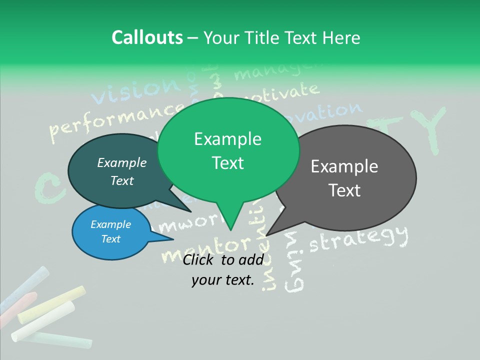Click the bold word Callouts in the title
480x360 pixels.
tap(147, 37)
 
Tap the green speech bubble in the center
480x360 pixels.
tap(228, 150)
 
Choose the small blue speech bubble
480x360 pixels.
tap(110, 232)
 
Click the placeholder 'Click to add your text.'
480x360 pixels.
tap(223, 270)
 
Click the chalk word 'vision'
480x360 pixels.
tap(135, 90)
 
